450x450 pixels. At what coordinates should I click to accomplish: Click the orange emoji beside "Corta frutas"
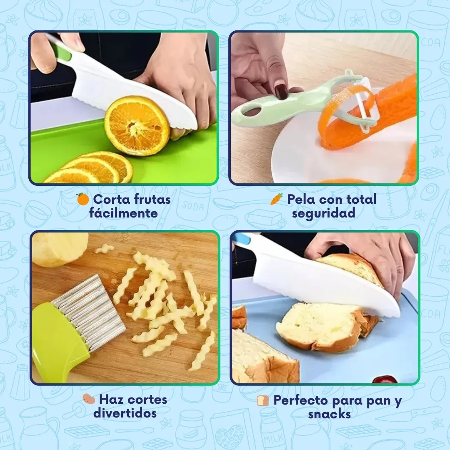click(x=82, y=200)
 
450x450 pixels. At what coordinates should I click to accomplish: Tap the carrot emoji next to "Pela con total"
click(x=276, y=199)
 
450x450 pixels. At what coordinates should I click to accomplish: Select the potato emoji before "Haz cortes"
click(x=88, y=399)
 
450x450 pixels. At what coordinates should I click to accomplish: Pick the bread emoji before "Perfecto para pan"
click(x=263, y=401)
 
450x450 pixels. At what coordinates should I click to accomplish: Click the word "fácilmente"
click(x=123, y=213)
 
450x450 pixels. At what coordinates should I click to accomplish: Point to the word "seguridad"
click(x=323, y=213)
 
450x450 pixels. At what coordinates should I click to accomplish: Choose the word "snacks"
click(x=329, y=414)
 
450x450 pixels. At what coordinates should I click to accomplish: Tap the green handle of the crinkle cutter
click(x=58, y=342)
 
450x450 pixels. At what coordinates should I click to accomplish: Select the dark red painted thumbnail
click(x=281, y=91)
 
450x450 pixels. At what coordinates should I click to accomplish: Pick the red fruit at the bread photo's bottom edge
click(x=384, y=380)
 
